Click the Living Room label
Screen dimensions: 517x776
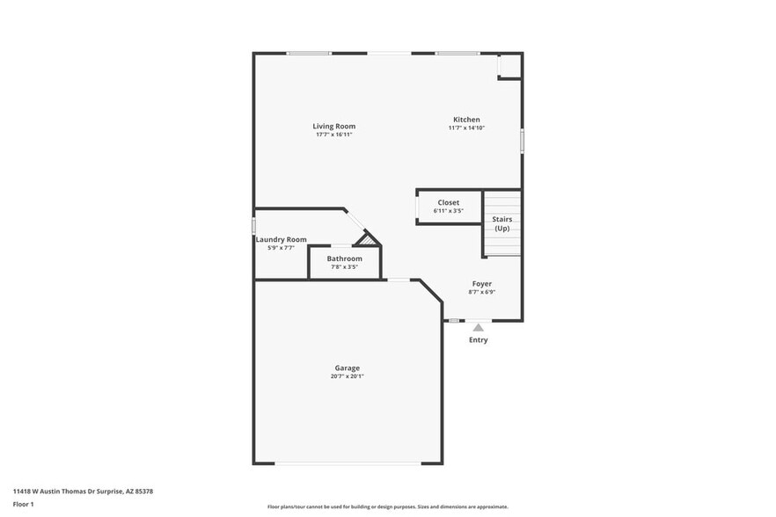(x=333, y=126)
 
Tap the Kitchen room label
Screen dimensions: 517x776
(x=466, y=120)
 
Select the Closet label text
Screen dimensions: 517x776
(x=449, y=202)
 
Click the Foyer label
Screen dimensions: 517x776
(x=481, y=283)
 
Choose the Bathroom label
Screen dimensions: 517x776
(x=344, y=258)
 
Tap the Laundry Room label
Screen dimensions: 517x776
(x=281, y=239)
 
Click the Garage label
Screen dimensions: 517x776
(x=347, y=368)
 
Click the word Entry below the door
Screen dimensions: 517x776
(x=478, y=340)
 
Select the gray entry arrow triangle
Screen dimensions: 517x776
(x=478, y=327)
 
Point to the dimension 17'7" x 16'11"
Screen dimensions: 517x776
(x=333, y=135)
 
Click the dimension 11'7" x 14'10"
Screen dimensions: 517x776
(x=466, y=128)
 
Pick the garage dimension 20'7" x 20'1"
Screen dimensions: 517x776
(x=347, y=376)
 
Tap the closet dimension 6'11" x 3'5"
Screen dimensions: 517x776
(x=449, y=211)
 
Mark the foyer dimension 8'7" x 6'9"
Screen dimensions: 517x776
(x=481, y=292)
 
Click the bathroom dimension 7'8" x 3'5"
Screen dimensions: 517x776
(x=344, y=266)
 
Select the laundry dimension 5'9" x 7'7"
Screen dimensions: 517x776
(x=281, y=248)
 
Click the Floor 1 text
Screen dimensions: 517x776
(x=23, y=504)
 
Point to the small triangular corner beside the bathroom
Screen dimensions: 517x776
(x=369, y=239)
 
